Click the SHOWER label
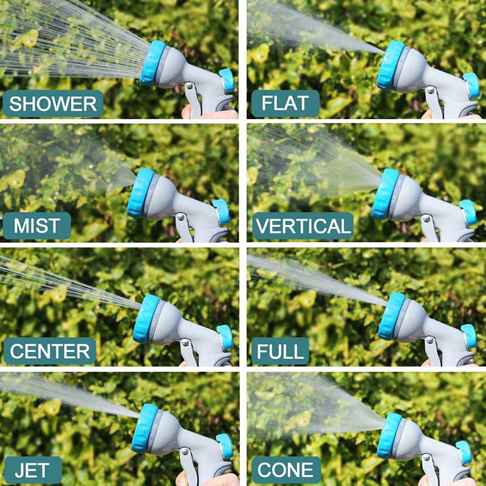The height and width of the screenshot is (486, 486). pyautogui.click(x=53, y=103)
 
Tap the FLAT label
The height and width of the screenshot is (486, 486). pyautogui.click(x=285, y=103)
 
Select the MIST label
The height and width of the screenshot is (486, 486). pyautogui.click(x=37, y=225)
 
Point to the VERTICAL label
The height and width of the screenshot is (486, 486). pyautogui.click(x=303, y=225)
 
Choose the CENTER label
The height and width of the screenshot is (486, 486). pyautogui.click(x=50, y=351)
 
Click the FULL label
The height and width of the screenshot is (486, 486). pyautogui.click(x=280, y=351)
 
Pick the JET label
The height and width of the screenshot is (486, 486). pyautogui.click(x=33, y=470)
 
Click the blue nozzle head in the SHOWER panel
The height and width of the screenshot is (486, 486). pyautogui.click(x=152, y=63)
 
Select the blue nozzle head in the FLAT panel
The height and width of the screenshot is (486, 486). pyautogui.click(x=391, y=66)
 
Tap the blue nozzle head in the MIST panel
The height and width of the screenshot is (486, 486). pyautogui.click(x=140, y=193)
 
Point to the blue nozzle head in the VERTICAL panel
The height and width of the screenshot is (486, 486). pyautogui.click(x=385, y=194)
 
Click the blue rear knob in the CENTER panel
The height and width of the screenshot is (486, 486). pyautogui.click(x=225, y=337)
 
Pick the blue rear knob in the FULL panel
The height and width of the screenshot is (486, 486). pyautogui.click(x=469, y=337)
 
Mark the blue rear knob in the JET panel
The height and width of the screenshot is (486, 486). pyautogui.click(x=225, y=447)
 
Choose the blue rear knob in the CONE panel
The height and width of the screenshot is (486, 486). pyautogui.click(x=464, y=453)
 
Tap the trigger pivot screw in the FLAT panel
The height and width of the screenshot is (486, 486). pyautogui.click(x=430, y=90)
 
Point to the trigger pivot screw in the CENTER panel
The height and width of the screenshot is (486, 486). pyautogui.click(x=185, y=343)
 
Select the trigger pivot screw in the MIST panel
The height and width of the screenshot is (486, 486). pyautogui.click(x=180, y=217)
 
